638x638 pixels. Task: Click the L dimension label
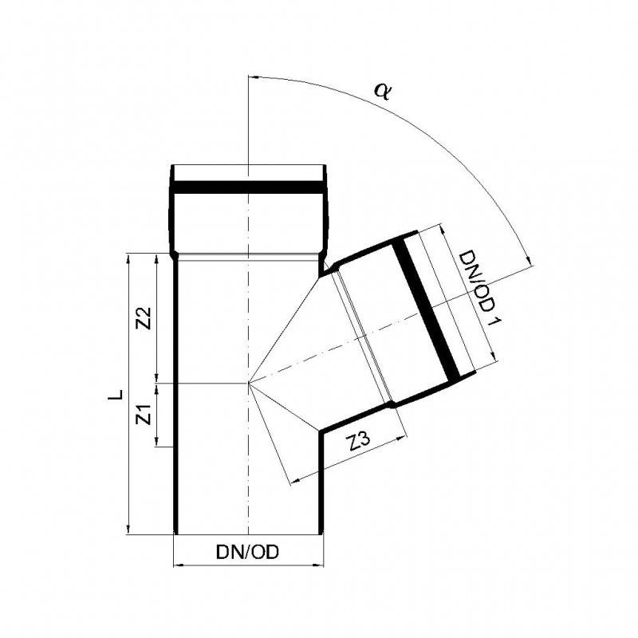[x=116, y=395]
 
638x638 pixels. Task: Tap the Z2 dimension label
[x=145, y=318]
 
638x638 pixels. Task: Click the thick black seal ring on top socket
[x=248, y=188]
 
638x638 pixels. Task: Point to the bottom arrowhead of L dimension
[x=128, y=531]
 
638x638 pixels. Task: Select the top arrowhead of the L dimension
[x=128, y=257]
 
